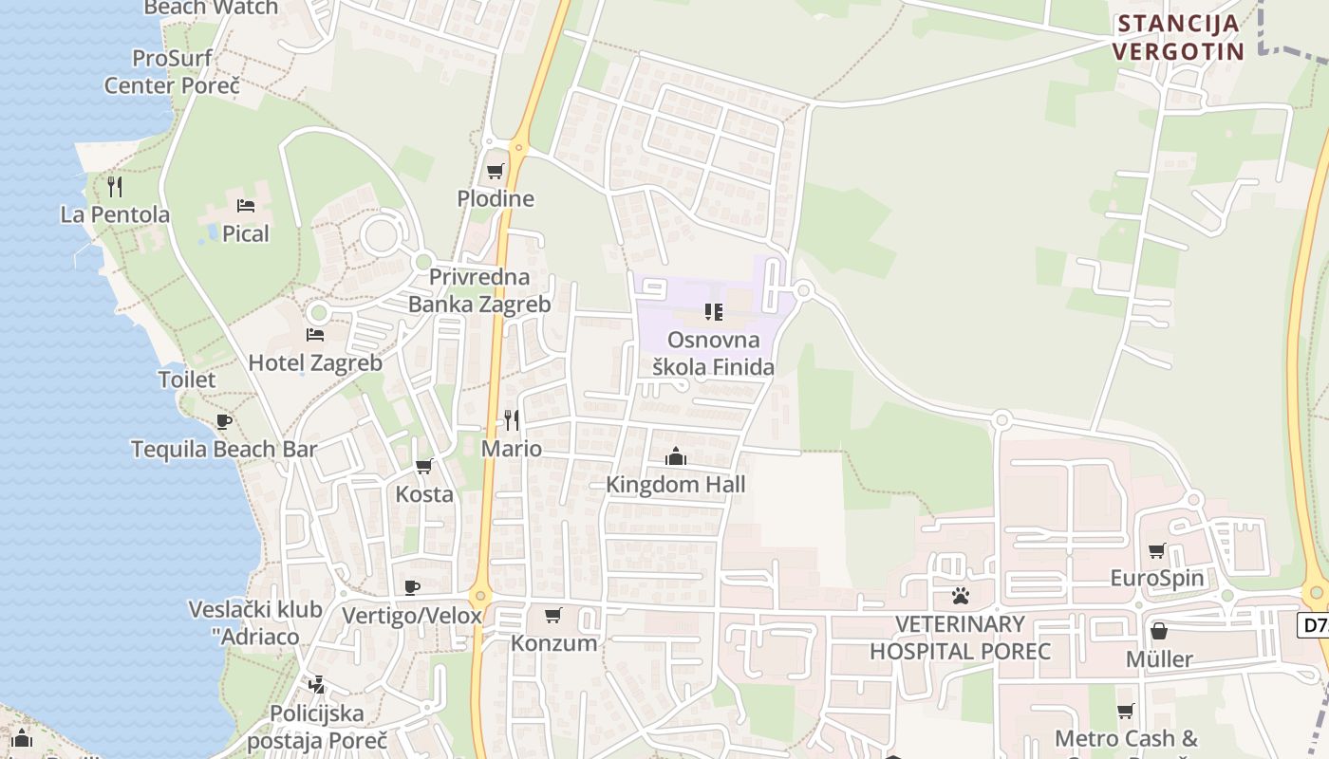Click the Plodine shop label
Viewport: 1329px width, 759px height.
(x=496, y=199)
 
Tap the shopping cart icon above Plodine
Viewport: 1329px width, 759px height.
(x=495, y=172)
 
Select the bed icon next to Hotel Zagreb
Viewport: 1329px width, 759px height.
(x=314, y=335)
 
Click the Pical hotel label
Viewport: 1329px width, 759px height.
(x=246, y=234)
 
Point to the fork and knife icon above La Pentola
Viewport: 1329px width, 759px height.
(x=115, y=186)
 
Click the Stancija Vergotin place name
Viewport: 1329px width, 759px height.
(x=1178, y=38)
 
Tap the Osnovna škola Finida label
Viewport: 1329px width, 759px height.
(x=714, y=353)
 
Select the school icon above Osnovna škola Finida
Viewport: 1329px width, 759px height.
(x=714, y=311)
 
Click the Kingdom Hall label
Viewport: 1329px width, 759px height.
(x=676, y=485)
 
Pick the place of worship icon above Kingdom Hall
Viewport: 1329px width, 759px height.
(x=676, y=457)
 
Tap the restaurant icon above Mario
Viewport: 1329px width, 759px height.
(x=512, y=420)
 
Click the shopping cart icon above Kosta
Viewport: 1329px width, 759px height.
(x=424, y=466)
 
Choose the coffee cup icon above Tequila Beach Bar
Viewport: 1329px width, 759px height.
(x=223, y=421)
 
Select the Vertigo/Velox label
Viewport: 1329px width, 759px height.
(x=412, y=616)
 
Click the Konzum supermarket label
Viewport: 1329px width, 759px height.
(x=554, y=643)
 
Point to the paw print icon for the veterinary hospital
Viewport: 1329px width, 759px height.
(x=961, y=596)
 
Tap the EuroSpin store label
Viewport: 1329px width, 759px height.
(x=1157, y=578)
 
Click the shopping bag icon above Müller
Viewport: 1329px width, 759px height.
(x=1159, y=631)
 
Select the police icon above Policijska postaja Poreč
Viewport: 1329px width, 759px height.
(x=316, y=684)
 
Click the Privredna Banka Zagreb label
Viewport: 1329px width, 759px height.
(x=479, y=291)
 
